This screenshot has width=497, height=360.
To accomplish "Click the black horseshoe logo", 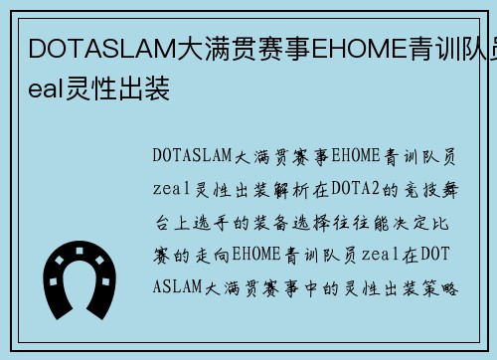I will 81,274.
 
